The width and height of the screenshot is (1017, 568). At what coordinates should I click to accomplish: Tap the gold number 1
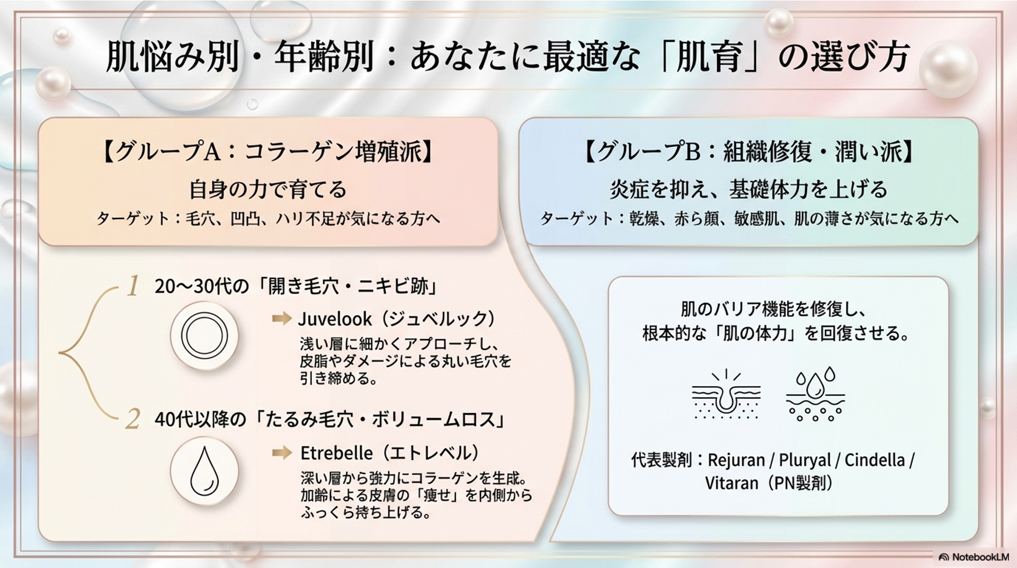(x=132, y=286)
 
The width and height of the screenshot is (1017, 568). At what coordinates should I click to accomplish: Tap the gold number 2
(x=132, y=420)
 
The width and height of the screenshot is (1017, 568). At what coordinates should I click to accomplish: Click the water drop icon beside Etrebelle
(x=204, y=471)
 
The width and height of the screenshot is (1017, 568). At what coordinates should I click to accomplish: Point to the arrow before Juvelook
(x=282, y=318)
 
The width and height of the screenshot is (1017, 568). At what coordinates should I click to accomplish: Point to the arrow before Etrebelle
(x=282, y=452)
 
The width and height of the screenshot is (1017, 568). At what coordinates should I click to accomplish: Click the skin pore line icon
(x=726, y=395)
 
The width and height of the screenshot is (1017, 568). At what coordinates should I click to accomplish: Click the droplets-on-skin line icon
(x=815, y=395)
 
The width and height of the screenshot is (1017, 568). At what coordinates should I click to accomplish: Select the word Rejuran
(x=736, y=460)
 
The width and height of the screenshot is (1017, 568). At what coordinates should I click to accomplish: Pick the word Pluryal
(x=805, y=460)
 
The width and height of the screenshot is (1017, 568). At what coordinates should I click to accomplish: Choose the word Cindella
(x=875, y=459)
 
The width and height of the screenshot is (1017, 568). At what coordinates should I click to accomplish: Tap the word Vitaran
(x=731, y=483)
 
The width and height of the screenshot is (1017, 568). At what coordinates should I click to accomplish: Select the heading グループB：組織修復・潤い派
(x=748, y=152)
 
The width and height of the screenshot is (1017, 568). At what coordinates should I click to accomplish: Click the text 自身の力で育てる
(x=268, y=189)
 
